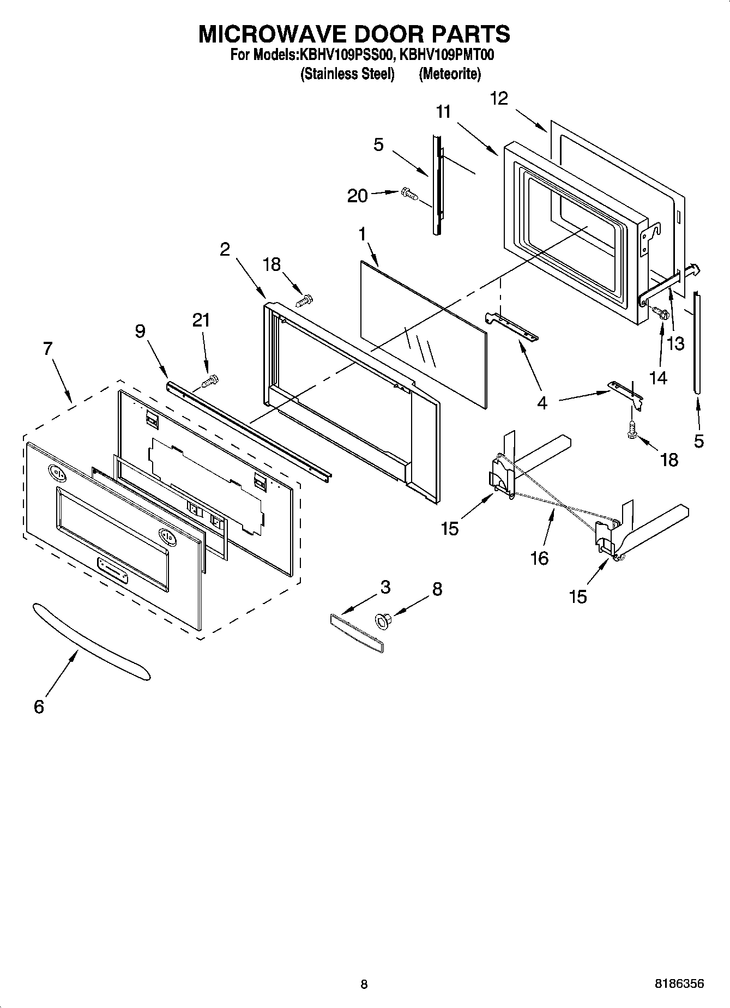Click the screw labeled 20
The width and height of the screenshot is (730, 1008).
coord(408,194)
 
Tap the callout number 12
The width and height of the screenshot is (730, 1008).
coord(498,98)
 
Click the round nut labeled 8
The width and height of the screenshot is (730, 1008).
coord(383,620)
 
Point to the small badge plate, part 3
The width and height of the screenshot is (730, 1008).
coord(357,632)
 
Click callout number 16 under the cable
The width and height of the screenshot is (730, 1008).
coord(539,558)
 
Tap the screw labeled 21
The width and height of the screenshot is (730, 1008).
coord(210,381)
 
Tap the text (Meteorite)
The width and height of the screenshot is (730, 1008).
coord(449,74)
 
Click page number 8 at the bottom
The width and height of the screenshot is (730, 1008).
coord(364,984)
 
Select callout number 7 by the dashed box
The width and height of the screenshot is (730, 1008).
coord(47,348)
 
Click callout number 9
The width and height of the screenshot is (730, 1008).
coord(140,330)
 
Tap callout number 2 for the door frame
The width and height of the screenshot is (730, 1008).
coord(225,249)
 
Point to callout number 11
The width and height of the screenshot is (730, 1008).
coord(443,112)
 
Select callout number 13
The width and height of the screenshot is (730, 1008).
coord(676,344)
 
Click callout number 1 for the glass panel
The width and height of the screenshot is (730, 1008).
coord(361,234)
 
